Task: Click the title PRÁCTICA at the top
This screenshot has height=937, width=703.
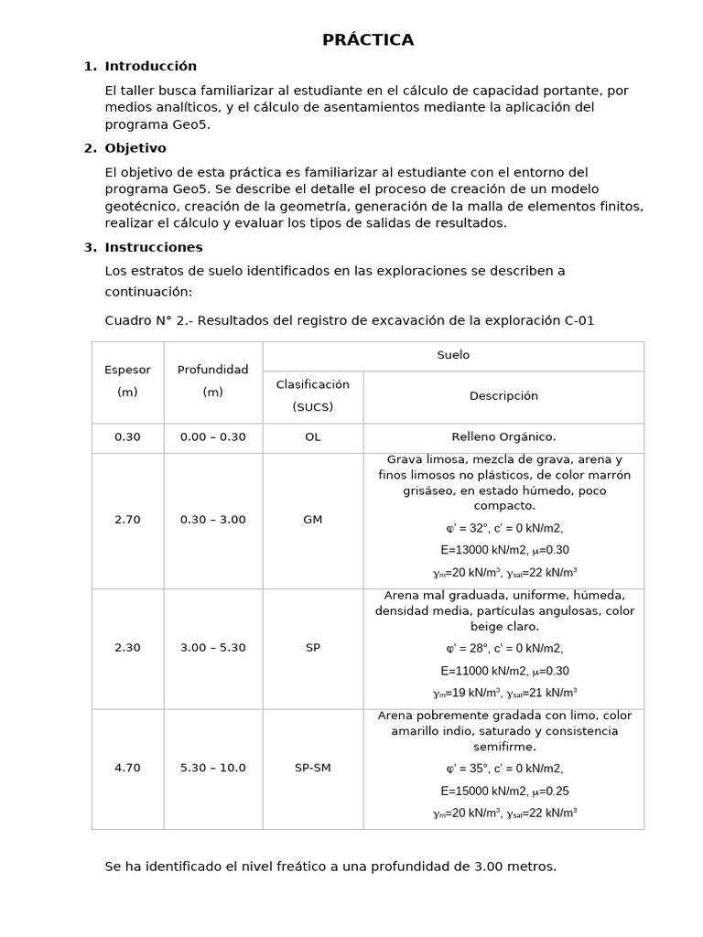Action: (368, 39)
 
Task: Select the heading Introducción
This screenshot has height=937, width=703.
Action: (150, 66)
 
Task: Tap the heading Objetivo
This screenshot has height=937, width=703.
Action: (135, 148)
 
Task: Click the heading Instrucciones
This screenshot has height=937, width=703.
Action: (154, 247)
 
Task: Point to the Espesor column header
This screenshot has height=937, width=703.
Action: (127, 370)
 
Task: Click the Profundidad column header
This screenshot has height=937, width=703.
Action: (212, 370)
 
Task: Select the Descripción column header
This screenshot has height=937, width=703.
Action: (503, 396)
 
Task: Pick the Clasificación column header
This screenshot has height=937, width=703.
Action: (312, 385)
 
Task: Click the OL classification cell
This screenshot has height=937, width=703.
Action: (312, 437)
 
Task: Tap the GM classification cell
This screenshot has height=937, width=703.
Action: (312, 520)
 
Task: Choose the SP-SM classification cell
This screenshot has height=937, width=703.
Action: (312, 768)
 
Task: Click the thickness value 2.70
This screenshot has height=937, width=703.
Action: (127, 520)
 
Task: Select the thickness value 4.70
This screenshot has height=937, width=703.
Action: (127, 768)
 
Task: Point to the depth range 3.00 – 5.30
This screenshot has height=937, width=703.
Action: (212, 648)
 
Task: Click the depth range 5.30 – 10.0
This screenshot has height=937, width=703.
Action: (212, 768)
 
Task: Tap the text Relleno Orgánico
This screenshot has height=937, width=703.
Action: (503, 437)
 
